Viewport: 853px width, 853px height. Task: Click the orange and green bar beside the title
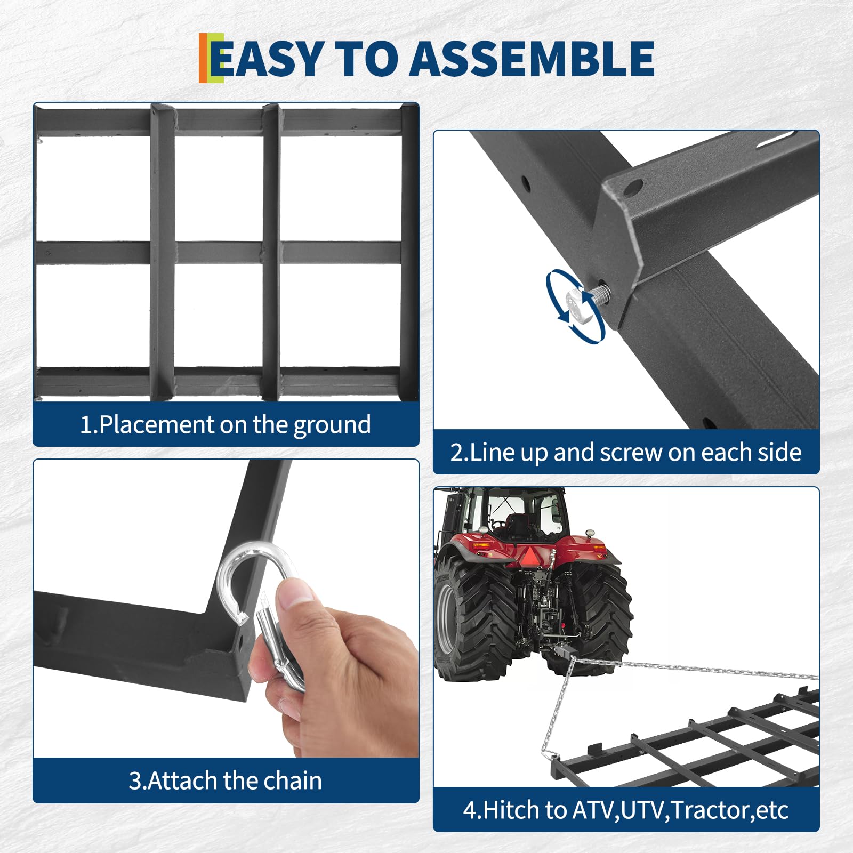[x=211, y=58]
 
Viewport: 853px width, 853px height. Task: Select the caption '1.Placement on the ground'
[x=226, y=425]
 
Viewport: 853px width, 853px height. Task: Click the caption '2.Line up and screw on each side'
[x=626, y=452]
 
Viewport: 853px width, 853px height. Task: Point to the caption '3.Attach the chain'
[x=226, y=780]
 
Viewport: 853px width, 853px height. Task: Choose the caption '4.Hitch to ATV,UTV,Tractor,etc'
[x=626, y=810]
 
